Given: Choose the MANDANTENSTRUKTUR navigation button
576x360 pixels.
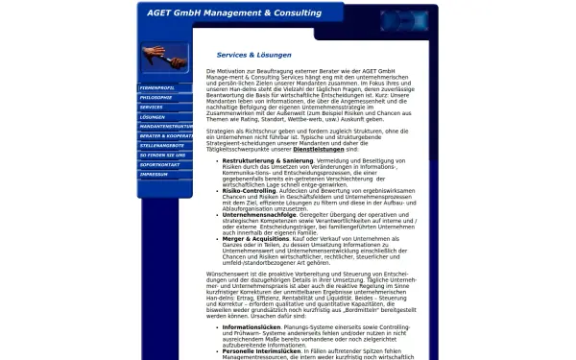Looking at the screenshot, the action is coord(163,126).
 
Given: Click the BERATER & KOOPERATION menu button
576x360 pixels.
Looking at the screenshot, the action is coord(163,135).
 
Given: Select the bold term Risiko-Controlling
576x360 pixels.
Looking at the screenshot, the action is coord(252,191).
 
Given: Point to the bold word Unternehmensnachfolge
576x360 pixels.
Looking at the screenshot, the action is coord(260,214).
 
